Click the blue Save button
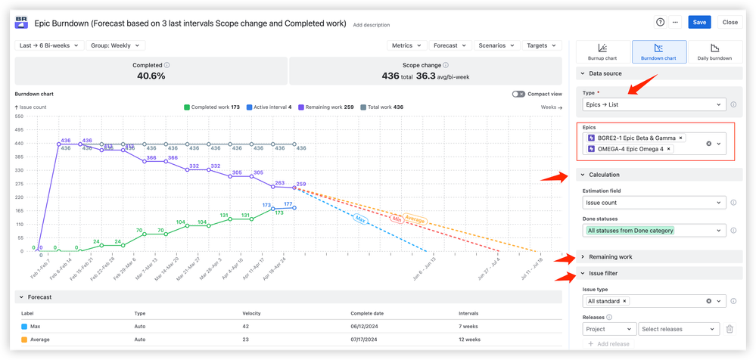pos(699,22)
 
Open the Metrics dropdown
pos(407,45)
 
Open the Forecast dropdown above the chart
pos(450,45)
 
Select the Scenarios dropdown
pos(496,45)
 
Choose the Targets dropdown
pos(541,45)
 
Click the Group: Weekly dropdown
pos(115,45)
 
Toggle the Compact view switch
pos(518,94)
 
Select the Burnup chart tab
pos(602,51)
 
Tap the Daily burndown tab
pos(714,51)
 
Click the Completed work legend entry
pos(212,107)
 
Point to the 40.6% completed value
pos(151,76)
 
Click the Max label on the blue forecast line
pos(360,219)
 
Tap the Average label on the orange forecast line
pos(415,221)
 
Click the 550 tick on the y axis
pos(20,117)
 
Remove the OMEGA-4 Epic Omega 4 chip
pos(669,149)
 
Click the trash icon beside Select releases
pos(730,329)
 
